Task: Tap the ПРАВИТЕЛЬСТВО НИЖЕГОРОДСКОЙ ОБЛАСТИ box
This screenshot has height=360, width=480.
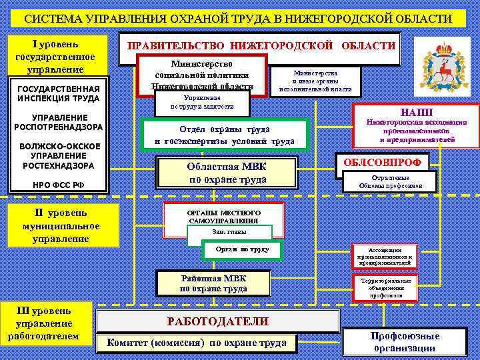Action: [x=261, y=47]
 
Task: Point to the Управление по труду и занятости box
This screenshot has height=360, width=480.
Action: [x=202, y=102]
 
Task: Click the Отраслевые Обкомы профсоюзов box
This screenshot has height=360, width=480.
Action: [x=391, y=181]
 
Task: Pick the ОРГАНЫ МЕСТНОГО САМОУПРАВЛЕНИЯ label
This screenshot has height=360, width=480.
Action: [x=223, y=216]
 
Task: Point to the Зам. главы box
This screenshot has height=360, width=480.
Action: [x=230, y=232]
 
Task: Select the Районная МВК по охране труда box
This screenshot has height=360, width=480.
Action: [x=213, y=283]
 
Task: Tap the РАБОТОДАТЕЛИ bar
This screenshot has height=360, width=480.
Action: [x=217, y=321]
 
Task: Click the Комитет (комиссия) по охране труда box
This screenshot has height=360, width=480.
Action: [x=192, y=343]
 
